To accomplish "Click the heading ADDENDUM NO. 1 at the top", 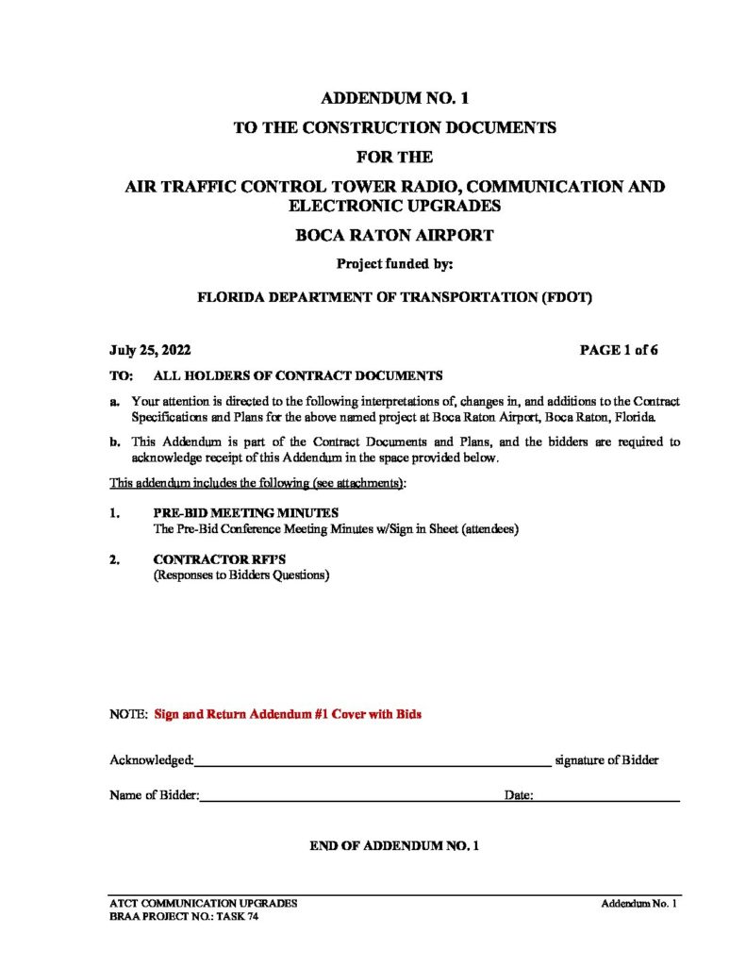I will tap(394, 97).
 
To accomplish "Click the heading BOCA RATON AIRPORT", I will tap(394, 236).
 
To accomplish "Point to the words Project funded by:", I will tap(394, 265).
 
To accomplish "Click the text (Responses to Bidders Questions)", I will tap(241, 575).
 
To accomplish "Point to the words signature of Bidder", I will tap(606, 760).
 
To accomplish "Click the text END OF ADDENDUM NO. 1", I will tap(394, 846).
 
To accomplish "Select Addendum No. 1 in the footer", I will tap(640, 904).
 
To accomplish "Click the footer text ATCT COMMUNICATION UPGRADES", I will tap(204, 904).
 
